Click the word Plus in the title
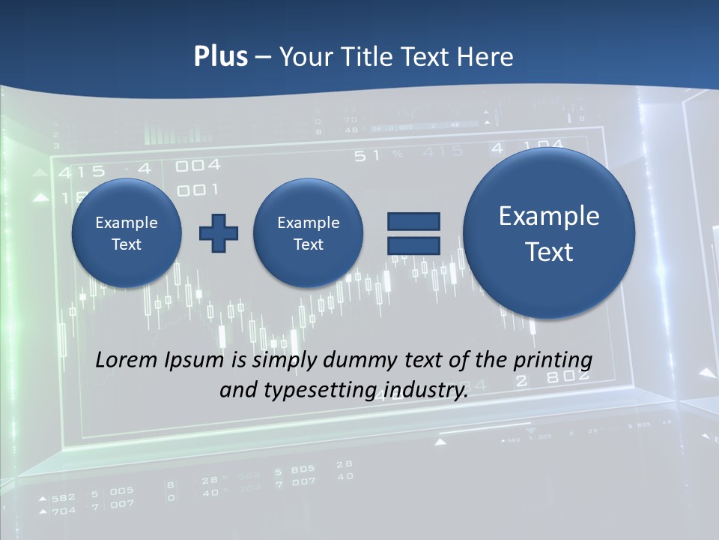pyautogui.click(x=221, y=57)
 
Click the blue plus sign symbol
pyautogui.click(x=219, y=233)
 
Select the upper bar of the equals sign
pyautogui.click(x=413, y=221)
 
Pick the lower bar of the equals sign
pyautogui.click(x=413, y=244)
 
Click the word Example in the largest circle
pyautogui.click(x=549, y=216)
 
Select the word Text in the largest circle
pyautogui.click(x=549, y=252)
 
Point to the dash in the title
pyautogui.click(x=263, y=58)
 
